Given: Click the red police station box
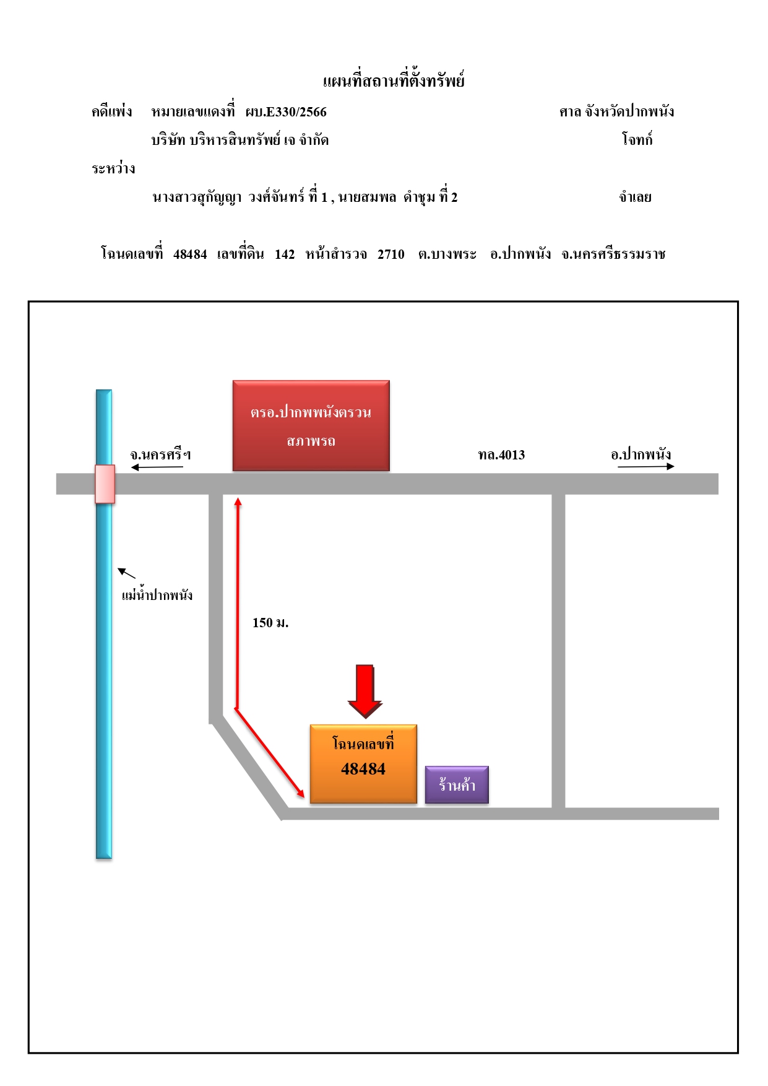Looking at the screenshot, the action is (x=311, y=425).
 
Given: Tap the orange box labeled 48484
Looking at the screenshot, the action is (x=363, y=764).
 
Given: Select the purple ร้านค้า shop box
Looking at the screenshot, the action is (x=457, y=784).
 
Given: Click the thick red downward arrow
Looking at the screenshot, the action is (x=365, y=691).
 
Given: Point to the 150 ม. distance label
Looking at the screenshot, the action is (x=270, y=623).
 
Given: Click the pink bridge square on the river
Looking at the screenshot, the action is (x=105, y=484).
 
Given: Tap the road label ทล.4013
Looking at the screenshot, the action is (x=501, y=455).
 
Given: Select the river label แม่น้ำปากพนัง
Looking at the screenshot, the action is (x=157, y=594).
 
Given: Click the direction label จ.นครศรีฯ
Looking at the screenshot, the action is (x=160, y=454).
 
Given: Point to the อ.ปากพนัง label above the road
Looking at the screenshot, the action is (x=641, y=454).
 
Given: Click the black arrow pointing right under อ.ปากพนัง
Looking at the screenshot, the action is (x=646, y=466).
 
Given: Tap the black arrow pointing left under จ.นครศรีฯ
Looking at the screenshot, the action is (x=157, y=467).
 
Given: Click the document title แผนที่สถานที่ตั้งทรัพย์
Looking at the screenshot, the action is (x=394, y=80).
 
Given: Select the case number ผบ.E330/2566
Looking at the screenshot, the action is (x=286, y=112).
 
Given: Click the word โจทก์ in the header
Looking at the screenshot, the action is (x=637, y=139).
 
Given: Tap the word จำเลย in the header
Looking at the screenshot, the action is (x=635, y=198).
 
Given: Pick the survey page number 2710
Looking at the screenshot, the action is (x=391, y=254).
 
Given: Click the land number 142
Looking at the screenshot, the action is (x=285, y=254).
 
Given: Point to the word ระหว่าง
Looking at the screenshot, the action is (x=113, y=168).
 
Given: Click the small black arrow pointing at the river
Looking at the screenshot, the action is (x=126, y=573).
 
